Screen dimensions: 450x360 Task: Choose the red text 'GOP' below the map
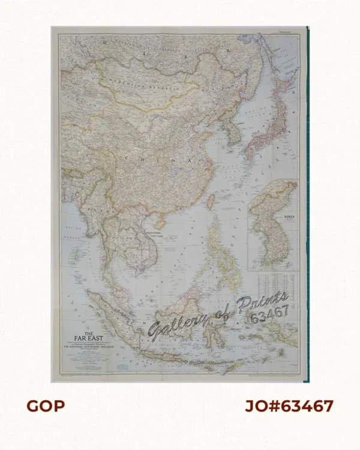click(46, 406)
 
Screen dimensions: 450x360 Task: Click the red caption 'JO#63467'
click(289, 406)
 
